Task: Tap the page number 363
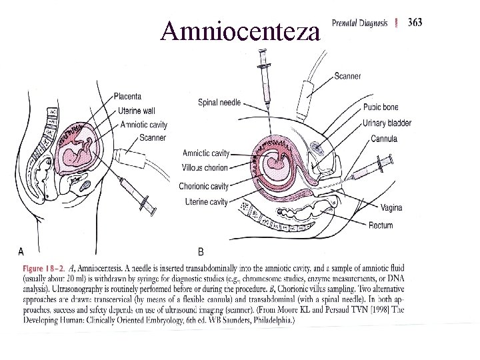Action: [x=414, y=22]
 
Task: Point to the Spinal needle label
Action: [x=220, y=102]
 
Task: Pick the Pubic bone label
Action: [x=382, y=107]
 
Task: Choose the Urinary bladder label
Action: [x=388, y=123]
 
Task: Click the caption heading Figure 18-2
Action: [x=45, y=268]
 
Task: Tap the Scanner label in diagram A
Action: [x=153, y=138]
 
